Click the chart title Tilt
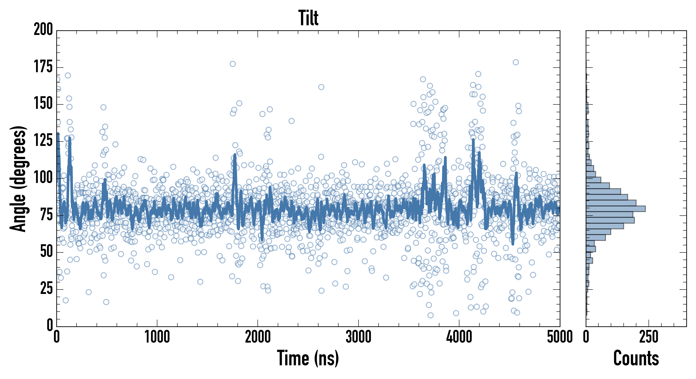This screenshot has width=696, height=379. pos(308,18)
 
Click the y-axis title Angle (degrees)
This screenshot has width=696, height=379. pos(18,179)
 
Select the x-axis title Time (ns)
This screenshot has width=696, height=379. pos(308,358)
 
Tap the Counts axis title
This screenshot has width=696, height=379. pos(636,358)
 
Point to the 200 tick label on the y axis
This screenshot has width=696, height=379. pos(43,29)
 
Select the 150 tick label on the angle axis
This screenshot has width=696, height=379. pos(43,104)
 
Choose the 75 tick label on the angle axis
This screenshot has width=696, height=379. pos(46,215)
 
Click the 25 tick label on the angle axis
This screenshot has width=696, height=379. pos(46,289)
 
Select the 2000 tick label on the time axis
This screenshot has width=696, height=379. pos(258,337)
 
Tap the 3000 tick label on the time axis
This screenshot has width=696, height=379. pos(358,337)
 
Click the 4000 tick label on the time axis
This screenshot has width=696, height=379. pos(459,337)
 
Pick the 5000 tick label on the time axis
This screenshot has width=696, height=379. pos(560,337)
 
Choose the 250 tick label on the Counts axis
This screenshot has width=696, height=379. pos(649,337)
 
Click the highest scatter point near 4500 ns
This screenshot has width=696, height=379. pos(515,62)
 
